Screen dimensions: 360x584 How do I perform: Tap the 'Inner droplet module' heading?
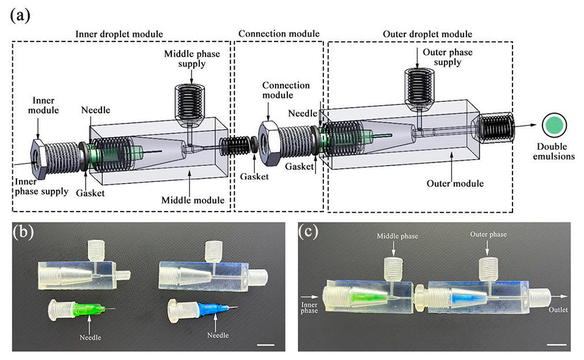(122, 32)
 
